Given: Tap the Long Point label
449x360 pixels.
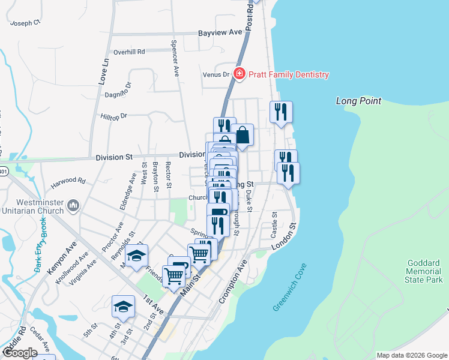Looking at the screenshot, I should [358, 101].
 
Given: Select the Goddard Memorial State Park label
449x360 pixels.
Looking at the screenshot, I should [424, 271].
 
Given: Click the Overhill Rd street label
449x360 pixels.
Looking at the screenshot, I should [129, 52].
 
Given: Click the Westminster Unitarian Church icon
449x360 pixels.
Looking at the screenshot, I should [73, 206].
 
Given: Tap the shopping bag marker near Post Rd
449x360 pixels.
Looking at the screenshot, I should [243, 135].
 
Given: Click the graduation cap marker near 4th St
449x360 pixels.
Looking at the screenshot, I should [123, 306].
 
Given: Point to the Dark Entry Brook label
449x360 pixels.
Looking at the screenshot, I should [40, 245].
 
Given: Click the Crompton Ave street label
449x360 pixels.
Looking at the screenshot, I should [233, 281].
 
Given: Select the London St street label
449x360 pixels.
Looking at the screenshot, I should [284, 236].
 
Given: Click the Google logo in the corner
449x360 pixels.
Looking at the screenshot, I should [19, 353].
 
